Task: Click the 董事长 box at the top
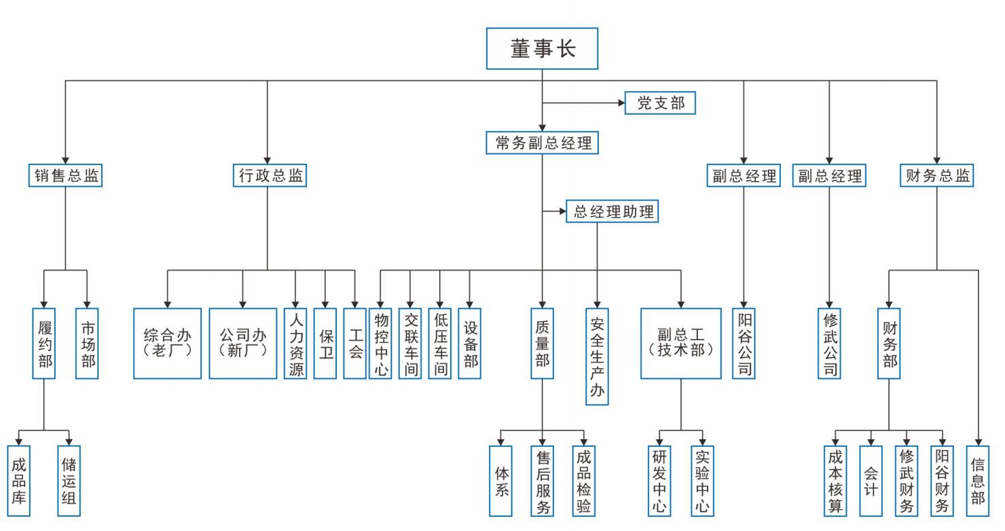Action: point(542,48)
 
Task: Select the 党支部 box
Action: point(660,103)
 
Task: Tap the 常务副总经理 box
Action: point(543,143)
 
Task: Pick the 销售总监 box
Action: point(66,176)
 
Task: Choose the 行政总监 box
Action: point(268,176)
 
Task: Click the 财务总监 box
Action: point(936,176)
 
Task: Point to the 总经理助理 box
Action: point(614,212)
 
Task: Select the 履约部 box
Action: point(44,343)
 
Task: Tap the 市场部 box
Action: point(88,343)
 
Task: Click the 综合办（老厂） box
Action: point(168,343)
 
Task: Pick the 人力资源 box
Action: point(295,343)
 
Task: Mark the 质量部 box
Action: point(542,343)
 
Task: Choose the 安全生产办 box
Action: point(597,356)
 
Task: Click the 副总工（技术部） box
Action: point(680,343)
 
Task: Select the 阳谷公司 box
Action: point(744,343)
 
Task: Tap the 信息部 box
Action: point(978,480)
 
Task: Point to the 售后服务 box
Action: point(542,480)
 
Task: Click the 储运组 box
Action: point(69,480)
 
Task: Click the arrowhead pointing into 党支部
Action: point(620,103)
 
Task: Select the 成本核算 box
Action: point(835,480)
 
